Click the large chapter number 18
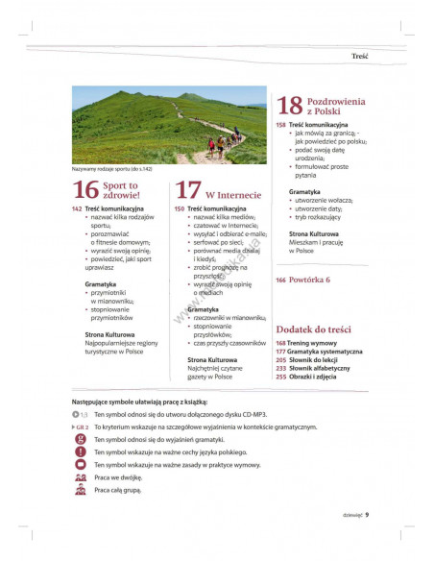pos(290,106)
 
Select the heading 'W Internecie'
pos(233,195)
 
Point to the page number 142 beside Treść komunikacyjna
pos(77,208)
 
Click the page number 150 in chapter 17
pos(180,208)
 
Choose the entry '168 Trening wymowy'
pos(306,342)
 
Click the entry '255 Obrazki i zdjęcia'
pos(310,377)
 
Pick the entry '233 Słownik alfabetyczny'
pos(313,368)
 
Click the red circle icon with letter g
pos(82,438)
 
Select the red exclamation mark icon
pos(82,451)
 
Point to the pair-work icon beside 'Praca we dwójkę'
pos(82,476)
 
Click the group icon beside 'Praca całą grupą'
pos(82,490)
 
